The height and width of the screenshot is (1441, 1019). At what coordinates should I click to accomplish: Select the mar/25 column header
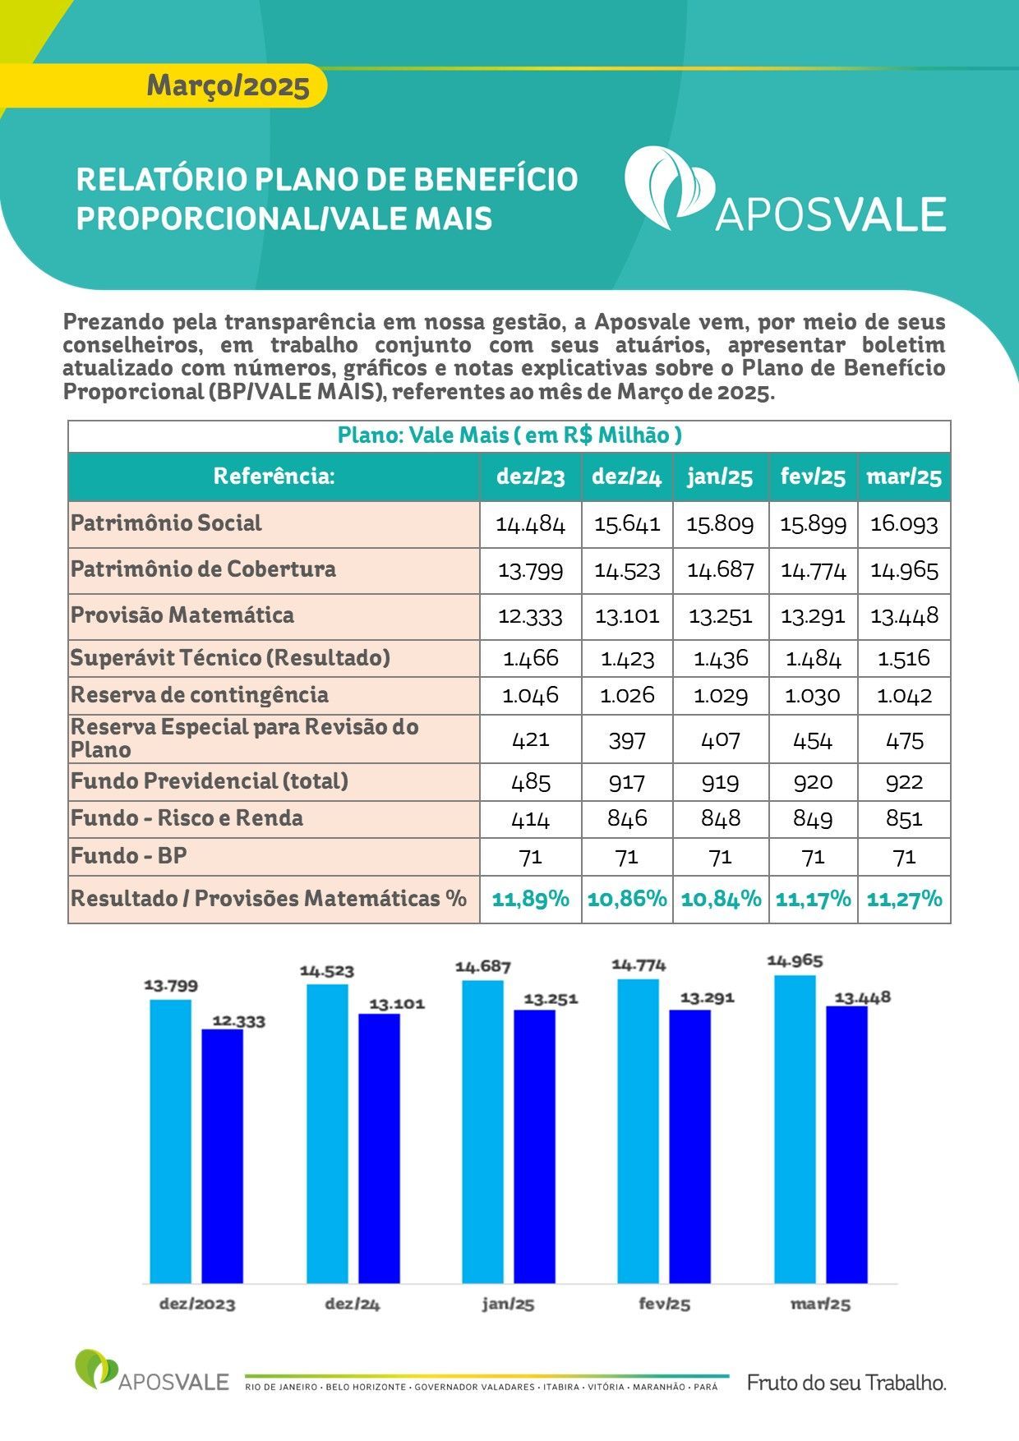tap(904, 477)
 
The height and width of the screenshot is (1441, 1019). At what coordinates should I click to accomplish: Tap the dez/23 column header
tap(531, 477)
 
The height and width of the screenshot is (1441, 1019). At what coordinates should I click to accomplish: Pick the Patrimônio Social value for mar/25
tap(904, 524)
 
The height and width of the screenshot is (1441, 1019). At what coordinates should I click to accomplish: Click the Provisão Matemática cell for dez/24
tap(627, 616)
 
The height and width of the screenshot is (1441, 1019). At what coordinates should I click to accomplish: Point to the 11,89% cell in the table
tap(531, 899)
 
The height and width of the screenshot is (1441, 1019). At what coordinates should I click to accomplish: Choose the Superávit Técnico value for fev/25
tap(814, 658)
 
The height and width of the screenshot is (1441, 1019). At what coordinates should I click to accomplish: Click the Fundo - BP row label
tap(129, 856)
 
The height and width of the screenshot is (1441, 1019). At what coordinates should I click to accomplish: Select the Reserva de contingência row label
tap(200, 695)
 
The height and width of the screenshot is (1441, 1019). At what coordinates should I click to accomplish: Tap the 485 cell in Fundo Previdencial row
tap(531, 781)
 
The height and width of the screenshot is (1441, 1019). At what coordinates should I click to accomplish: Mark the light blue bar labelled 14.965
tap(795, 1129)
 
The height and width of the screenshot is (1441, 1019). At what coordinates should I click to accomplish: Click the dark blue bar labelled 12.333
tap(223, 1156)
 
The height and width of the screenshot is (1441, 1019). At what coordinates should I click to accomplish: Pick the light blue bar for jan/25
tap(483, 1131)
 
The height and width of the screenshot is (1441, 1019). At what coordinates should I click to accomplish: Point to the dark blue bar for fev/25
tap(690, 1146)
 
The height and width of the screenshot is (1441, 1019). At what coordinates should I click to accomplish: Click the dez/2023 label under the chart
tap(197, 1304)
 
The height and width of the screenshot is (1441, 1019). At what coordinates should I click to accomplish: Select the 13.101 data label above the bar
tap(397, 1004)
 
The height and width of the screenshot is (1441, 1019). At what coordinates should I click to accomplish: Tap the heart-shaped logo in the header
tap(669, 187)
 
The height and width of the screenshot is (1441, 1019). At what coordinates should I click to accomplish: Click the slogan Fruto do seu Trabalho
tap(846, 1383)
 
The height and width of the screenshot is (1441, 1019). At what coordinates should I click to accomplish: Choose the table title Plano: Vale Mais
tap(509, 435)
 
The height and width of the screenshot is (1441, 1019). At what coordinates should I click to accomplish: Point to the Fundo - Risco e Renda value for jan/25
tap(721, 819)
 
